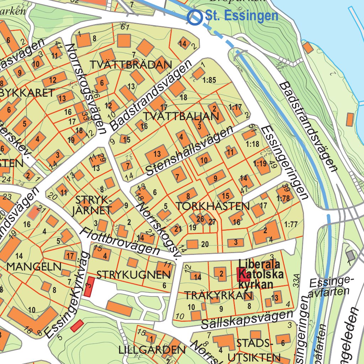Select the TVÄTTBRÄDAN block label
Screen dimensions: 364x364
pyautogui.click(x=131, y=65)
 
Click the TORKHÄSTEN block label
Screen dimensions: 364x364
pyautogui.click(x=212, y=206)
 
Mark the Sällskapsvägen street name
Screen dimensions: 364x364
pyautogui.click(x=247, y=319)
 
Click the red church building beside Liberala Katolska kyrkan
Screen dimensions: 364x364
pyautogui.click(x=243, y=275)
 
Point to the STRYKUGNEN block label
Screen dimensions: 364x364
pyautogui.click(x=134, y=274)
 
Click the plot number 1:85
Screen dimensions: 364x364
pyautogui.click(x=209, y=80)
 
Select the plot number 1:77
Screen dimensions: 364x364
pyautogui.click(x=291, y=224)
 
